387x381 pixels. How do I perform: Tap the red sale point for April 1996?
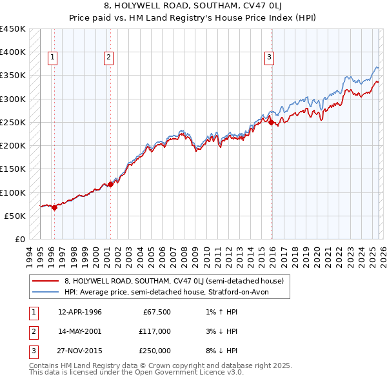click(x=54, y=207)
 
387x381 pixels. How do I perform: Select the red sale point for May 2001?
click(x=110, y=184)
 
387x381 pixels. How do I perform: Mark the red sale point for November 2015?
click(x=271, y=121)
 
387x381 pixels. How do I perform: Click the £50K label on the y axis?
click(x=15, y=216)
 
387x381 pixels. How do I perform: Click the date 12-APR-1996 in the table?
click(x=80, y=312)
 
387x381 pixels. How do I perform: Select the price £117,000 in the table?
click(x=155, y=331)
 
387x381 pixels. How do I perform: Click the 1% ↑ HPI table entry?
click(x=220, y=312)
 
